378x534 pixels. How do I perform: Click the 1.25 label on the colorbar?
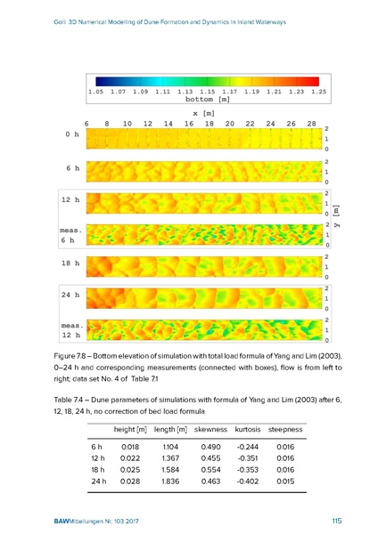[x=318, y=92]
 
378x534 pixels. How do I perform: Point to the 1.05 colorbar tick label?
[x=96, y=92]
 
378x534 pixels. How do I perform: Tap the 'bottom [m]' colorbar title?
[x=208, y=99]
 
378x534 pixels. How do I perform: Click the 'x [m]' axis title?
[x=203, y=113]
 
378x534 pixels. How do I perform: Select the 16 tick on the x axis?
[x=189, y=124]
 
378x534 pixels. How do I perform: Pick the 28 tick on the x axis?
[x=311, y=124]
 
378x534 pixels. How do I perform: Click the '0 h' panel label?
[x=72, y=134]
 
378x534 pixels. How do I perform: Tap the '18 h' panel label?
[x=70, y=263]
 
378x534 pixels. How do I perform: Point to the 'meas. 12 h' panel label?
[x=71, y=330]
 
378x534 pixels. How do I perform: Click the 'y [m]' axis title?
[x=336, y=216]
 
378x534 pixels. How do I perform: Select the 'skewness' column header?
[x=210, y=430]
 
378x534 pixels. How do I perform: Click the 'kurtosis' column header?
[x=248, y=430]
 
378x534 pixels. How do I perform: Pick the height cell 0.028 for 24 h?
[x=130, y=481]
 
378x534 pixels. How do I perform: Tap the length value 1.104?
[x=170, y=447]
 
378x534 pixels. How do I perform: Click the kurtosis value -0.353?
[x=248, y=470]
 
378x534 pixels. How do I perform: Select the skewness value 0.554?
[x=210, y=470]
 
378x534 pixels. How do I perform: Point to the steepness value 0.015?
[x=285, y=481]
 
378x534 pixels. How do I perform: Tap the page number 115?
[x=336, y=521]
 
